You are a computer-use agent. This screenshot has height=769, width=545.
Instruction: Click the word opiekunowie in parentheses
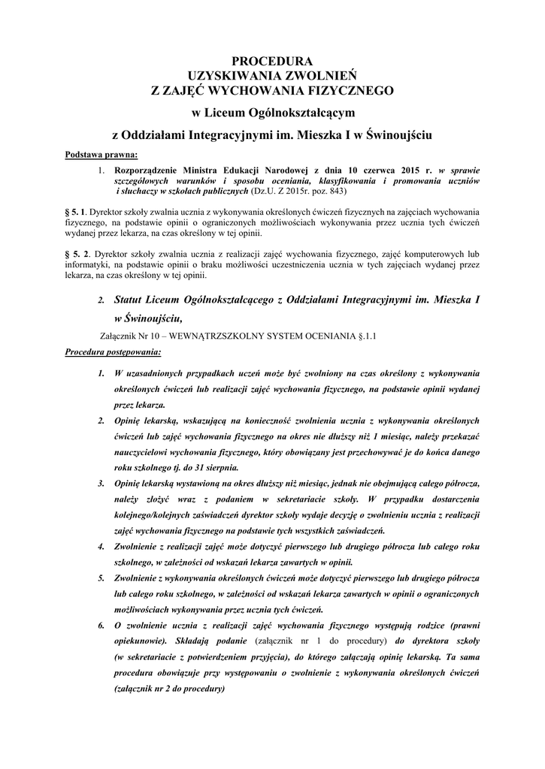tap(138, 641)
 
